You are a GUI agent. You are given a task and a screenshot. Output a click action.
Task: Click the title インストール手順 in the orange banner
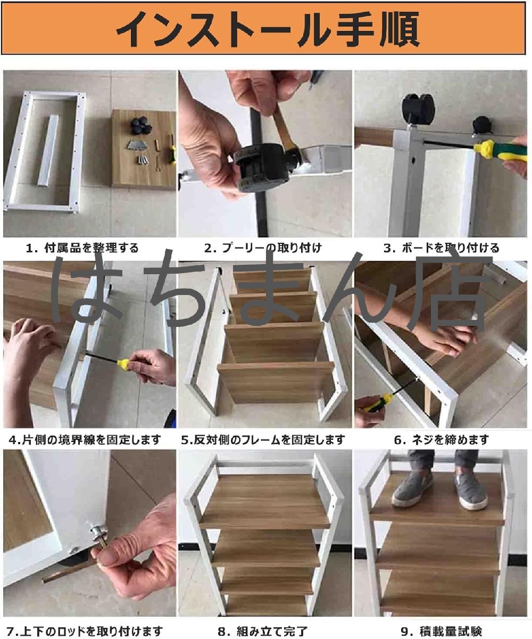point(268,29)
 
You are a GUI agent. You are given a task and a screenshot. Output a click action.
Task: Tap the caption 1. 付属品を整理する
point(82,248)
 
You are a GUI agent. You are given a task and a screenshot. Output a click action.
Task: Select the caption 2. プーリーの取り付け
point(263,248)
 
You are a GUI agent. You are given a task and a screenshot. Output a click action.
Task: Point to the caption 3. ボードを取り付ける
point(441,248)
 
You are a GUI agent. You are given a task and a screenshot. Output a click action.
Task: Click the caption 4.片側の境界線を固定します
point(85,440)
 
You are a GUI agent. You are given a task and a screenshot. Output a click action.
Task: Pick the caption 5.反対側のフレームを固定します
point(263,440)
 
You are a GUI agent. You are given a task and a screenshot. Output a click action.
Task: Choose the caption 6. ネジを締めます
point(441,440)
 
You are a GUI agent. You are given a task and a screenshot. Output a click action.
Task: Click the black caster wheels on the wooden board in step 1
point(141,126)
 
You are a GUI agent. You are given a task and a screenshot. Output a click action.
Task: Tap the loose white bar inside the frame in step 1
point(48,150)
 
